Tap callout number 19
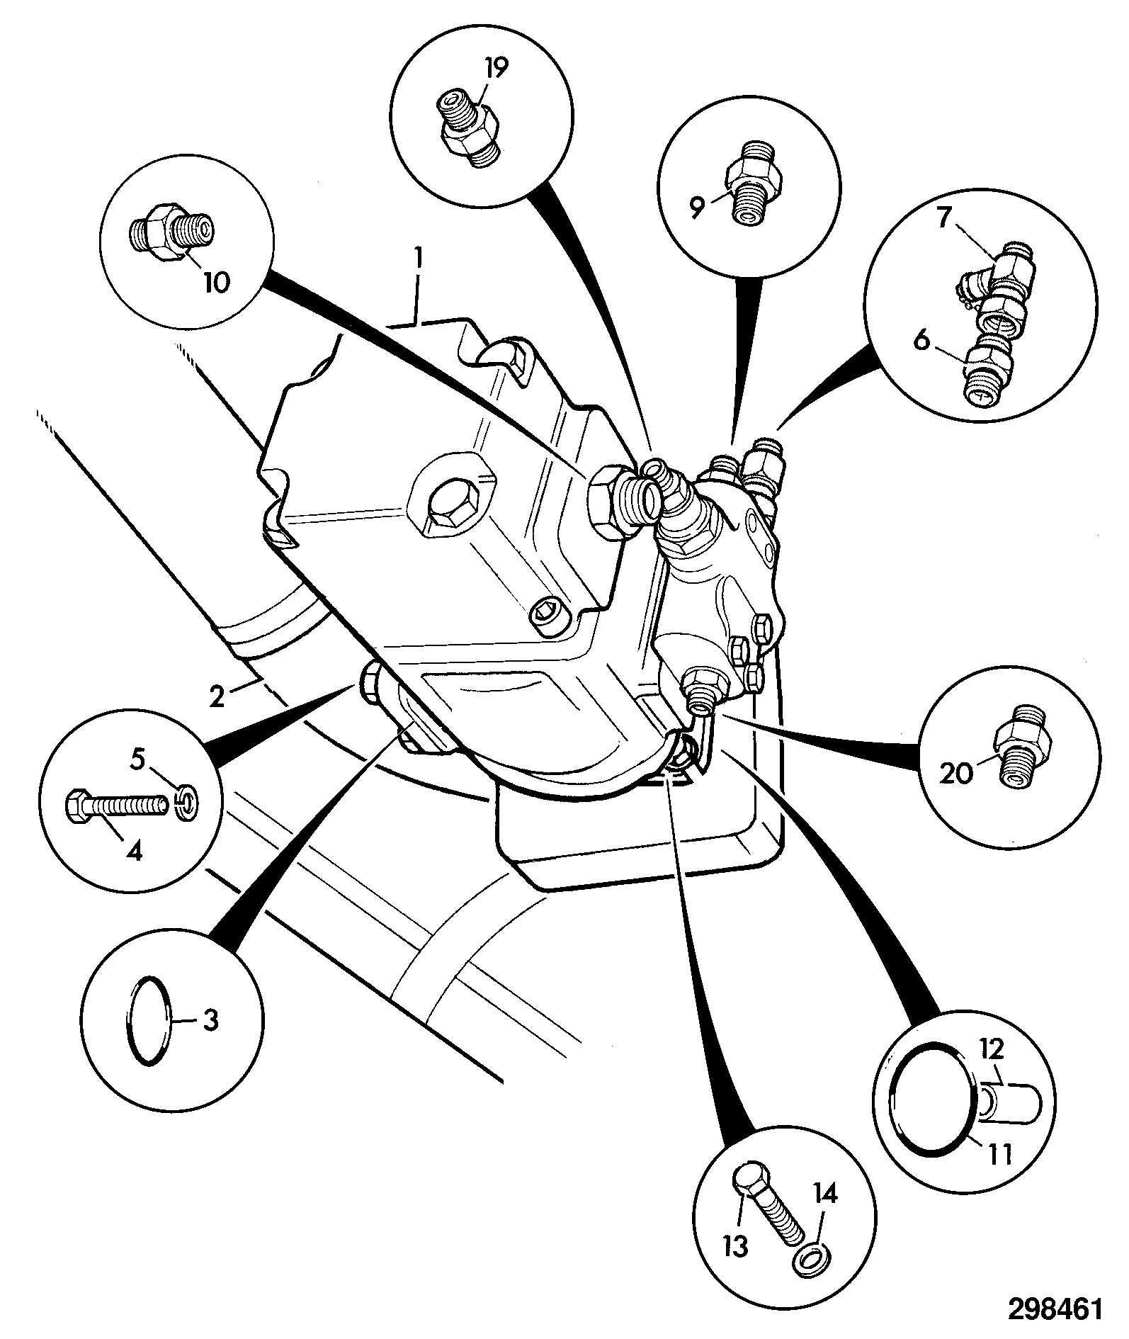496,68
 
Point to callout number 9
698,208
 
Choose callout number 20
957,774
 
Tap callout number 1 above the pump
419,259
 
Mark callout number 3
210,1019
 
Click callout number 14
824,1194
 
